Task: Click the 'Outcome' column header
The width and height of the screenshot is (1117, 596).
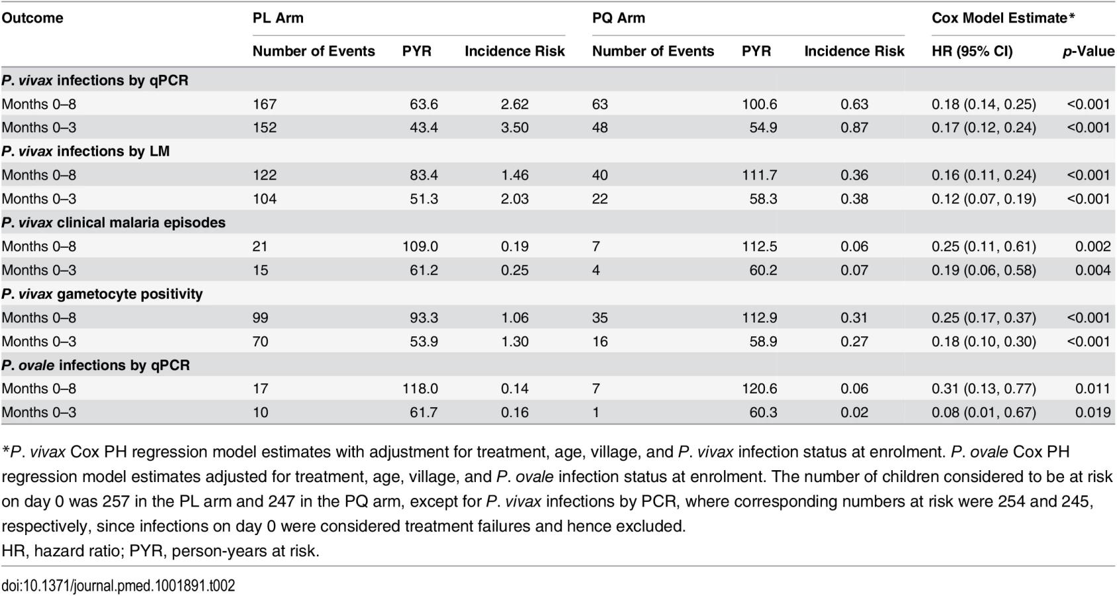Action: pos(32,18)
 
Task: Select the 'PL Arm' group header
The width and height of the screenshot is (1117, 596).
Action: pos(278,18)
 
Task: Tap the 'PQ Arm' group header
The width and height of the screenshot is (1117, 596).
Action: pos(618,18)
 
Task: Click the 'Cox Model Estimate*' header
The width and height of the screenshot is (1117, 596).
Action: pos(1003,18)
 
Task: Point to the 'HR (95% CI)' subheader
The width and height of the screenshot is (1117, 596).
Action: pos(972,52)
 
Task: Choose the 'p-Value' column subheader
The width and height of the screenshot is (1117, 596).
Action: pos(1089,52)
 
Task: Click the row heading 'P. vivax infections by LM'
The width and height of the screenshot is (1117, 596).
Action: pos(85,151)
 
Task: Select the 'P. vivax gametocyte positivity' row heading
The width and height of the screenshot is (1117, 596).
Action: pos(102,294)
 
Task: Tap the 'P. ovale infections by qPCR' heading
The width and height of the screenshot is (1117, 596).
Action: pos(95,366)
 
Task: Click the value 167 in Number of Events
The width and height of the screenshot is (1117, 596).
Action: pos(264,105)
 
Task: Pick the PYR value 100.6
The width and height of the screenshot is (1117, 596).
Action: pos(759,105)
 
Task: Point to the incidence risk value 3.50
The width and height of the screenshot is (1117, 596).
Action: pos(515,128)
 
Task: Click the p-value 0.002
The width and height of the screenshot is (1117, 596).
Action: pos(1093,246)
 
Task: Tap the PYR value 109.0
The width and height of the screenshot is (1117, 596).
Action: pos(420,246)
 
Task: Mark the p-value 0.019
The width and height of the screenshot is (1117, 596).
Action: pos(1093,413)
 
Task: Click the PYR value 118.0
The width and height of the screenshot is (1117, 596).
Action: pos(420,389)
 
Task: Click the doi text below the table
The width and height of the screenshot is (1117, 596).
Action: pos(118,585)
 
